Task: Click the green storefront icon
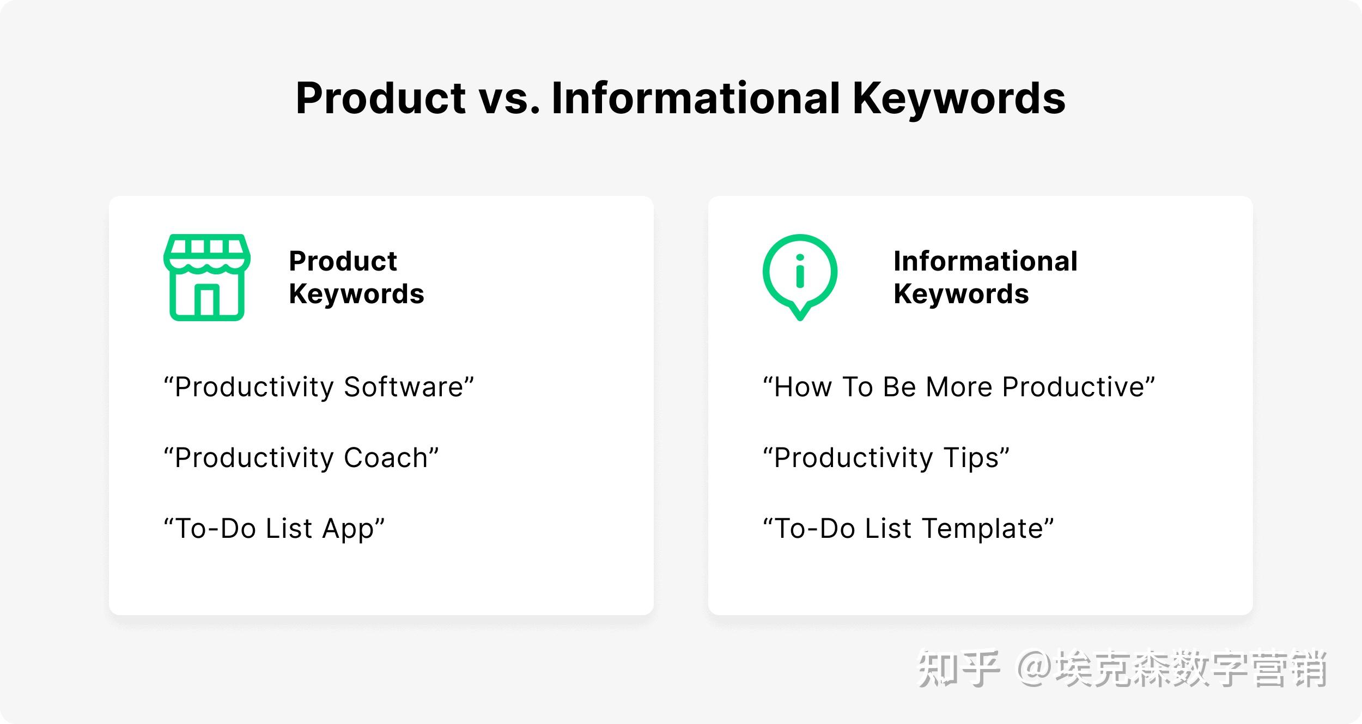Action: click(x=207, y=277)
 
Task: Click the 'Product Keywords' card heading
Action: click(x=356, y=277)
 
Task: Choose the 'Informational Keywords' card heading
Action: click(x=985, y=277)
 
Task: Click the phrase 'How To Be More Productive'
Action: click(x=958, y=387)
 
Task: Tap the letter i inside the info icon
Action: click(x=800, y=271)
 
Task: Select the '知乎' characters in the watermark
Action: click(x=959, y=668)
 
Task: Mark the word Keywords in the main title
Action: click(x=959, y=99)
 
